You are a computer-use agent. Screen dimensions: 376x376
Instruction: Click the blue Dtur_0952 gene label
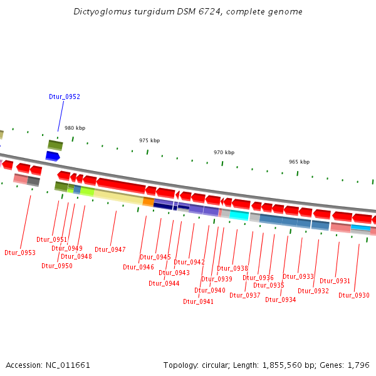(65, 97)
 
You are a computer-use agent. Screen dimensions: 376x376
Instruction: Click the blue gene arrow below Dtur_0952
(53, 156)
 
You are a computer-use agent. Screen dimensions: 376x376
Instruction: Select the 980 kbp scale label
(75, 128)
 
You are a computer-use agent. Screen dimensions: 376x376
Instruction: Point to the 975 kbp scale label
(149, 140)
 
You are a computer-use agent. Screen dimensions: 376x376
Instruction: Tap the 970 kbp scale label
(224, 152)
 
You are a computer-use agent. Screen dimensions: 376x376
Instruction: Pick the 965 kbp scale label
(299, 162)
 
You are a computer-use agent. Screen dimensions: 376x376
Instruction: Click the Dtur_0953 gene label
(20, 253)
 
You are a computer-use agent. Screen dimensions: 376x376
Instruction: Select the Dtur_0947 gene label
(110, 249)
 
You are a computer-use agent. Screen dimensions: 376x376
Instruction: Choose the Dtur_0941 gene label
(198, 301)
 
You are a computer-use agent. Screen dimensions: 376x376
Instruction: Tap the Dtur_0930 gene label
(354, 296)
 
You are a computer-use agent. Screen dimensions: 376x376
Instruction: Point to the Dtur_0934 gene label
(281, 300)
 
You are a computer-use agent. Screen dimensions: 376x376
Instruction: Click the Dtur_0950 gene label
(57, 266)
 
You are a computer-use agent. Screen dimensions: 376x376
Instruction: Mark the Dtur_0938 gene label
(232, 268)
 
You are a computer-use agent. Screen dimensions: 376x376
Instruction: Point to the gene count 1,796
(359, 365)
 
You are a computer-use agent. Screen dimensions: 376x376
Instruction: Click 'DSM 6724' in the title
(220, 11)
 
